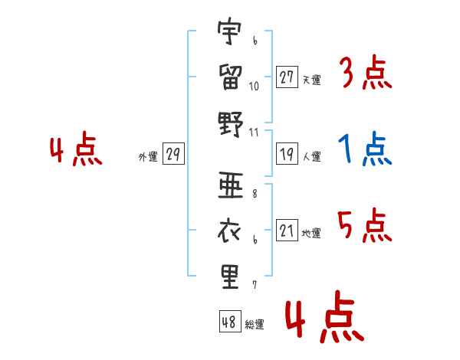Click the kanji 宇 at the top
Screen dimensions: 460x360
coord(229,31)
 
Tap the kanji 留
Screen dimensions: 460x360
coord(230,77)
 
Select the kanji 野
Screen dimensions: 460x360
coord(231,124)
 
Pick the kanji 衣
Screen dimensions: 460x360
coord(229,231)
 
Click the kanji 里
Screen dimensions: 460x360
coord(230,277)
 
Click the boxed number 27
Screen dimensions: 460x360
coord(287,77)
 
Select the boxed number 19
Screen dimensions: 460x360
coord(287,154)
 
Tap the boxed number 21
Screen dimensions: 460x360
coord(287,230)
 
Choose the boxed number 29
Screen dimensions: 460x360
coord(173,153)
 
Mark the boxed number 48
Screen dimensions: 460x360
coord(230,321)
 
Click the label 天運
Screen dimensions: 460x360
coord(312,80)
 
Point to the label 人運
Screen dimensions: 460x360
coord(312,156)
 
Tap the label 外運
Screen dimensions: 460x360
coord(148,156)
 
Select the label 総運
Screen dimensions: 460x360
coord(255,324)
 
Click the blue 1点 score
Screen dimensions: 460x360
coord(365,149)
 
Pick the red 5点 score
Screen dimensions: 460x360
coord(365,225)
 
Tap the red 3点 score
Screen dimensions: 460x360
coord(367,72)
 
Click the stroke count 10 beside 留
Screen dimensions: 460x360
coord(254,87)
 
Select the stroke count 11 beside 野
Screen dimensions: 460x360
coord(254,133)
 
